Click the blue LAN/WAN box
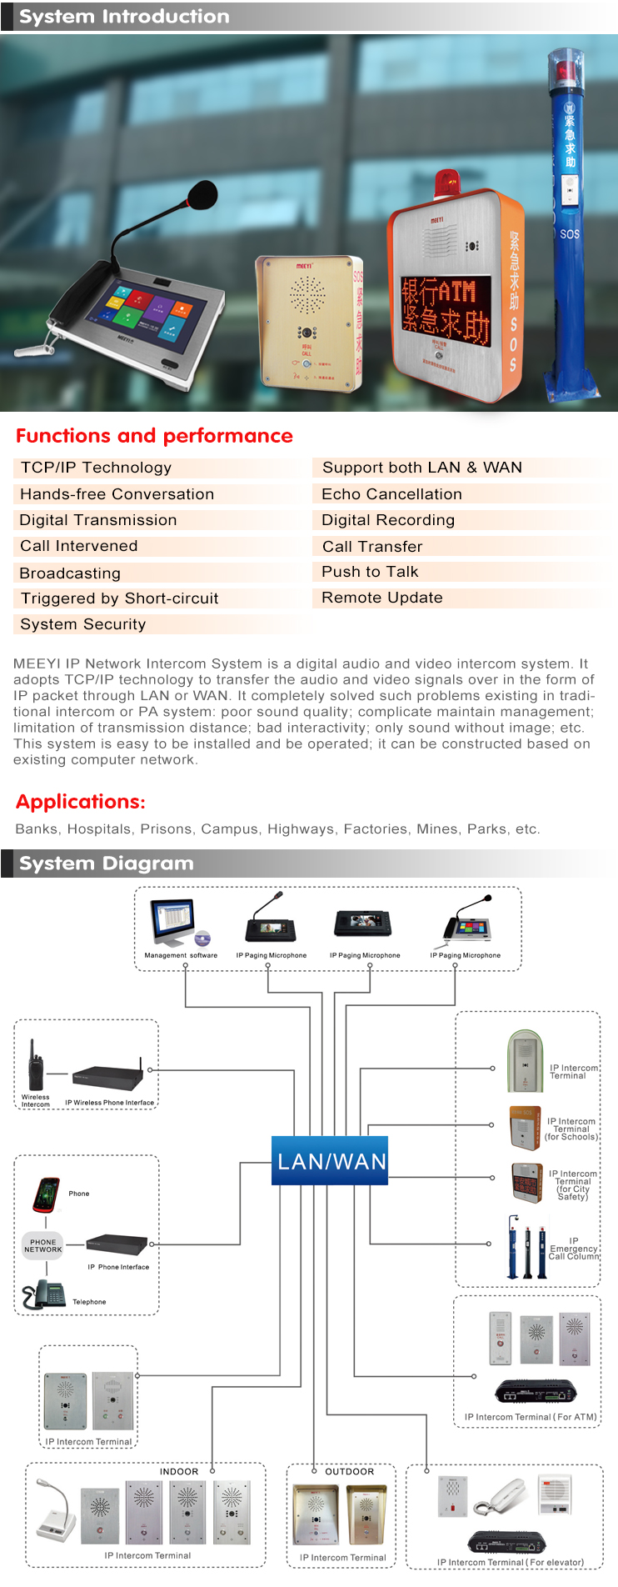coord(331,1161)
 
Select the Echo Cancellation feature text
coord(391,494)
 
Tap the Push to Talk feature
coord(370,572)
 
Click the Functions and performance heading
coord(154,436)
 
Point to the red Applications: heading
coord(81,802)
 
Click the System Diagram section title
coord(106,864)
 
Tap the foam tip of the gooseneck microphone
coord(202,196)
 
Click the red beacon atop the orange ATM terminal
coord(448,183)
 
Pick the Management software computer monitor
coord(174,922)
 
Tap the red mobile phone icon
coord(47,1194)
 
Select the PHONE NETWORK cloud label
coord(43,1246)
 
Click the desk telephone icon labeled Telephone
coord(45,1294)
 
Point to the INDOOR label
coord(179,1471)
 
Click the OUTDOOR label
coord(350,1471)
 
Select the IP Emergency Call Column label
coord(573,1249)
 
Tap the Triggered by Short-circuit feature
coord(120,598)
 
